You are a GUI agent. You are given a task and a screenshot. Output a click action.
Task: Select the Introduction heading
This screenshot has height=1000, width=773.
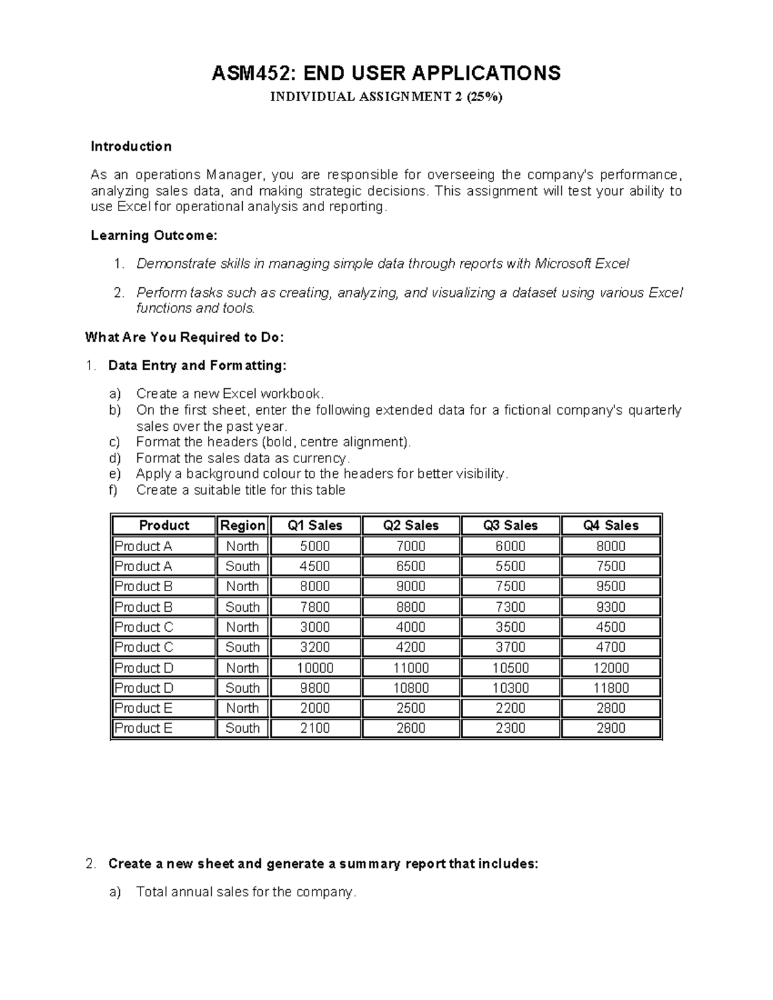131,147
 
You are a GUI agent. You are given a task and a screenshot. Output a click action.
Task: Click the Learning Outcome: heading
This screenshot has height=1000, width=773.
154,236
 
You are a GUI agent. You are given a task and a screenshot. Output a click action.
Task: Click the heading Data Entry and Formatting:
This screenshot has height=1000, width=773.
197,366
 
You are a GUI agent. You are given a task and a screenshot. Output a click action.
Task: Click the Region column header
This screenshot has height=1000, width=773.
242,525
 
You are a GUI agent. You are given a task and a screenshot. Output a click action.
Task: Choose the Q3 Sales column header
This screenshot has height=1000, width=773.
510,525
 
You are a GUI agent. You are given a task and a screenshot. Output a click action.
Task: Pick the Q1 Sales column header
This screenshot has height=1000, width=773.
315,525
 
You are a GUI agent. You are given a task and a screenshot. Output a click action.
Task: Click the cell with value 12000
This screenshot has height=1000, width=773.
611,668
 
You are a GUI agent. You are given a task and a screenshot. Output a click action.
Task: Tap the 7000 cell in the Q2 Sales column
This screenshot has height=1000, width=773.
410,547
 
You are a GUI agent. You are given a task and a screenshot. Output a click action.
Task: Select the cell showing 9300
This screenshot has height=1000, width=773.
611,607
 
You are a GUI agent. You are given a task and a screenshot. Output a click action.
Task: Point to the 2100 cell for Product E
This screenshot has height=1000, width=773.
315,728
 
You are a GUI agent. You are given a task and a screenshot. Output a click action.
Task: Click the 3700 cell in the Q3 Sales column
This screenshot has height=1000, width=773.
510,647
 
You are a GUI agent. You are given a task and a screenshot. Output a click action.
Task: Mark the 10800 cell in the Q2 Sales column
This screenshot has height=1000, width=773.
410,688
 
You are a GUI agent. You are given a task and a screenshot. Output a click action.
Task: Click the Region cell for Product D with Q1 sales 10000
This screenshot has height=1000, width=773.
242,668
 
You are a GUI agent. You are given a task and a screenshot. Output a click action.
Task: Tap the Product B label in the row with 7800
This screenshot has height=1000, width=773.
144,607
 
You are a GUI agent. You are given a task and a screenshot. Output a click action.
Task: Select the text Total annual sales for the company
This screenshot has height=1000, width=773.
245,892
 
